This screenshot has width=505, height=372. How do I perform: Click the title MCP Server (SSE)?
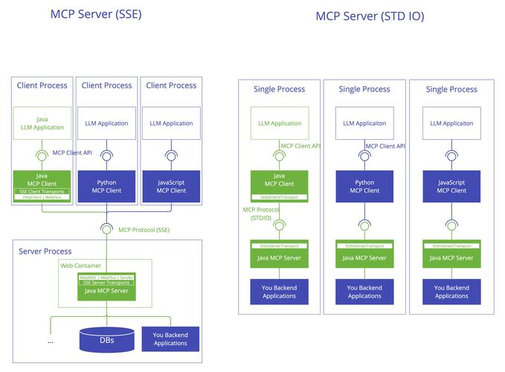coord(96,14)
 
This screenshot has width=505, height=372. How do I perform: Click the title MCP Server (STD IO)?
coord(370,16)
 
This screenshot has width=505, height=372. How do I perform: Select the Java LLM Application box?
coord(42,123)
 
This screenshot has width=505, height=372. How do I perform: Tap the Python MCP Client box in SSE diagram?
coord(107,186)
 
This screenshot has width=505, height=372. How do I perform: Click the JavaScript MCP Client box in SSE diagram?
coord(171,186)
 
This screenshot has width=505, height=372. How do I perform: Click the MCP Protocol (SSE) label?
coord(144,230)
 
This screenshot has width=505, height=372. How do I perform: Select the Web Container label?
coord(80,265)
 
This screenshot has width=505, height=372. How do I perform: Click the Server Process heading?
coord(45,251)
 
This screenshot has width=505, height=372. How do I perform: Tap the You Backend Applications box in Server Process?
coord(170,339)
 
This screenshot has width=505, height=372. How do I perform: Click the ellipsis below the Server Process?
coord(51,341)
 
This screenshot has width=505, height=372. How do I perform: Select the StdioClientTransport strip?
coord(279,197)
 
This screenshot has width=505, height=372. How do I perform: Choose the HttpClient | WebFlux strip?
coord(42,197)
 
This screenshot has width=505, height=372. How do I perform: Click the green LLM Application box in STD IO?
coord(279,124)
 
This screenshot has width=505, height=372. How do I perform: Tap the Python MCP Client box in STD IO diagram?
coord(364,186)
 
